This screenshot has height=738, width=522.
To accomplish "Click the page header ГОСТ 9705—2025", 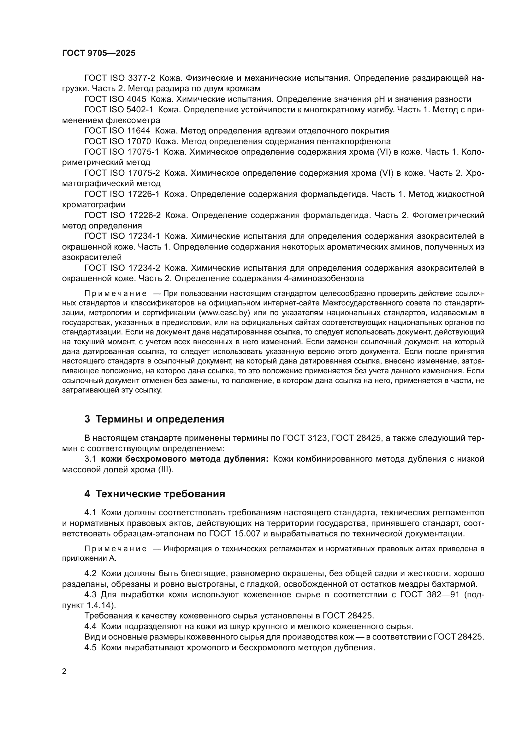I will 99,53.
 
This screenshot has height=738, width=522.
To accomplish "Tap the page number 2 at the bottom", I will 64,671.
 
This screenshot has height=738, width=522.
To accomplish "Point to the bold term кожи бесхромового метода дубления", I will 184,459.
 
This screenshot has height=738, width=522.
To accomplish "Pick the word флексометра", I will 133,121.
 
